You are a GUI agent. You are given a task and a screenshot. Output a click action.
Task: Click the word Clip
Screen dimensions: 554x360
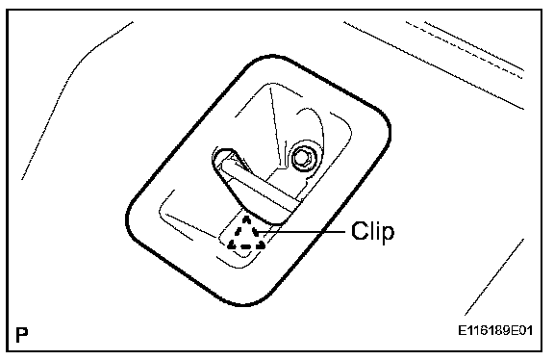tap(372, 232)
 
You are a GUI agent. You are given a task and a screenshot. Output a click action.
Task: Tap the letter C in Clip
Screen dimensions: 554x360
tap(360, 231)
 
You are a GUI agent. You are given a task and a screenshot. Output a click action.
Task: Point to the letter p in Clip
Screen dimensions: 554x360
tap(388, 235)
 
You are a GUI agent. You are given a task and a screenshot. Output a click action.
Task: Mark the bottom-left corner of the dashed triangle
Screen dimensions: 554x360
tap(229, 245)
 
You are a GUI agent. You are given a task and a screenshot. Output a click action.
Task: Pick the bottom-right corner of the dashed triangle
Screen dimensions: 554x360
tap(264, 245)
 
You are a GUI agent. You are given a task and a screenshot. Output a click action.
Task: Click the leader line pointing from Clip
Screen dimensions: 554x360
tap(300, 232)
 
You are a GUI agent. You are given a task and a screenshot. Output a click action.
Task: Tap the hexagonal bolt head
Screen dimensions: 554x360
tap(303, 157)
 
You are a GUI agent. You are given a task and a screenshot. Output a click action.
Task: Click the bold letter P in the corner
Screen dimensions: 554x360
tap(21, 334)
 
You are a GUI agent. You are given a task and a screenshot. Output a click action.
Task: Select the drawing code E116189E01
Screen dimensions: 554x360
tap(495, 330)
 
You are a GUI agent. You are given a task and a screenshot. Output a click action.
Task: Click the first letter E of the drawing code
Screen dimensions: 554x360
tap(462, 330)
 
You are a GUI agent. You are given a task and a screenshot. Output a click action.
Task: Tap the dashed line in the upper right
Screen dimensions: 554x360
tap(464, 49)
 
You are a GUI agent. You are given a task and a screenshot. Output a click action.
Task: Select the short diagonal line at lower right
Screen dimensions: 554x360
tap(494, 277)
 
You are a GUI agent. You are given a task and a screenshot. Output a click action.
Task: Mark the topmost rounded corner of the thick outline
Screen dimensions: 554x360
tap(272, 57)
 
